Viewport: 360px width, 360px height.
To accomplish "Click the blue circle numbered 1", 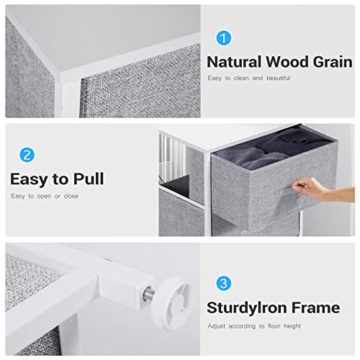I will click(x=224, y=38).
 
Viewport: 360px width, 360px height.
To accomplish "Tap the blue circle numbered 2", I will click(x=27, y=155).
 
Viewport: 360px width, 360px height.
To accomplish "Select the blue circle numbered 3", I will click(x=224, y=284).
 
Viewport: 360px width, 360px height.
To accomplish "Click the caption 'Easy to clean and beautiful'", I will click(x=248, y=78).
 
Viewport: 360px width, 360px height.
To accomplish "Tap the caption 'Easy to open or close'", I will click(x=44, y=196).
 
